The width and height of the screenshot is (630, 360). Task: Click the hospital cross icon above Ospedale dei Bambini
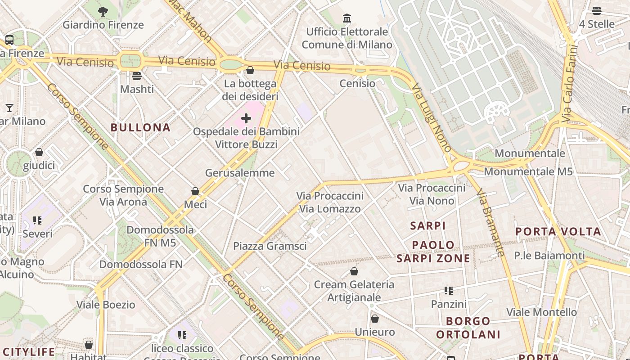246,118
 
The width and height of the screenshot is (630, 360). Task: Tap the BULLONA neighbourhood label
141,127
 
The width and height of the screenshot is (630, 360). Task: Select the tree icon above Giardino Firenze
103,12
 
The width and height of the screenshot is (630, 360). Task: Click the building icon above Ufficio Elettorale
347,18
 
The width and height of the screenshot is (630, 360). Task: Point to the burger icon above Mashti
137,76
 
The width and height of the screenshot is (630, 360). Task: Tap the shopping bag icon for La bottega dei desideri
250,70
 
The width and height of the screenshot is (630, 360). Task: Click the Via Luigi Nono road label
432,117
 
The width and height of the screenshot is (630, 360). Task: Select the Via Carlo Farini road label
569,83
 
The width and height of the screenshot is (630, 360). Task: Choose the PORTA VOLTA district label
558,232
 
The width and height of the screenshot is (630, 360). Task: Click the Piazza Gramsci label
270,246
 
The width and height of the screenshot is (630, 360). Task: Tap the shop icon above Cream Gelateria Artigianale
354,271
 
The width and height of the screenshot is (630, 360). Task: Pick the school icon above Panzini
448,291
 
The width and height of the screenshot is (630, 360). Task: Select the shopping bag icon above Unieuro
374,319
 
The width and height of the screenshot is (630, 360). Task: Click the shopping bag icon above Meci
195,191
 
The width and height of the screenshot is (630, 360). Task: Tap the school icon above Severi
37,220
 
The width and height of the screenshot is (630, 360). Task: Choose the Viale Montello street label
541,312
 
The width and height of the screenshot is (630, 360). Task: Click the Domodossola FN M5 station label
160,236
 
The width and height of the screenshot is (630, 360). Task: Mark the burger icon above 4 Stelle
596,11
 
